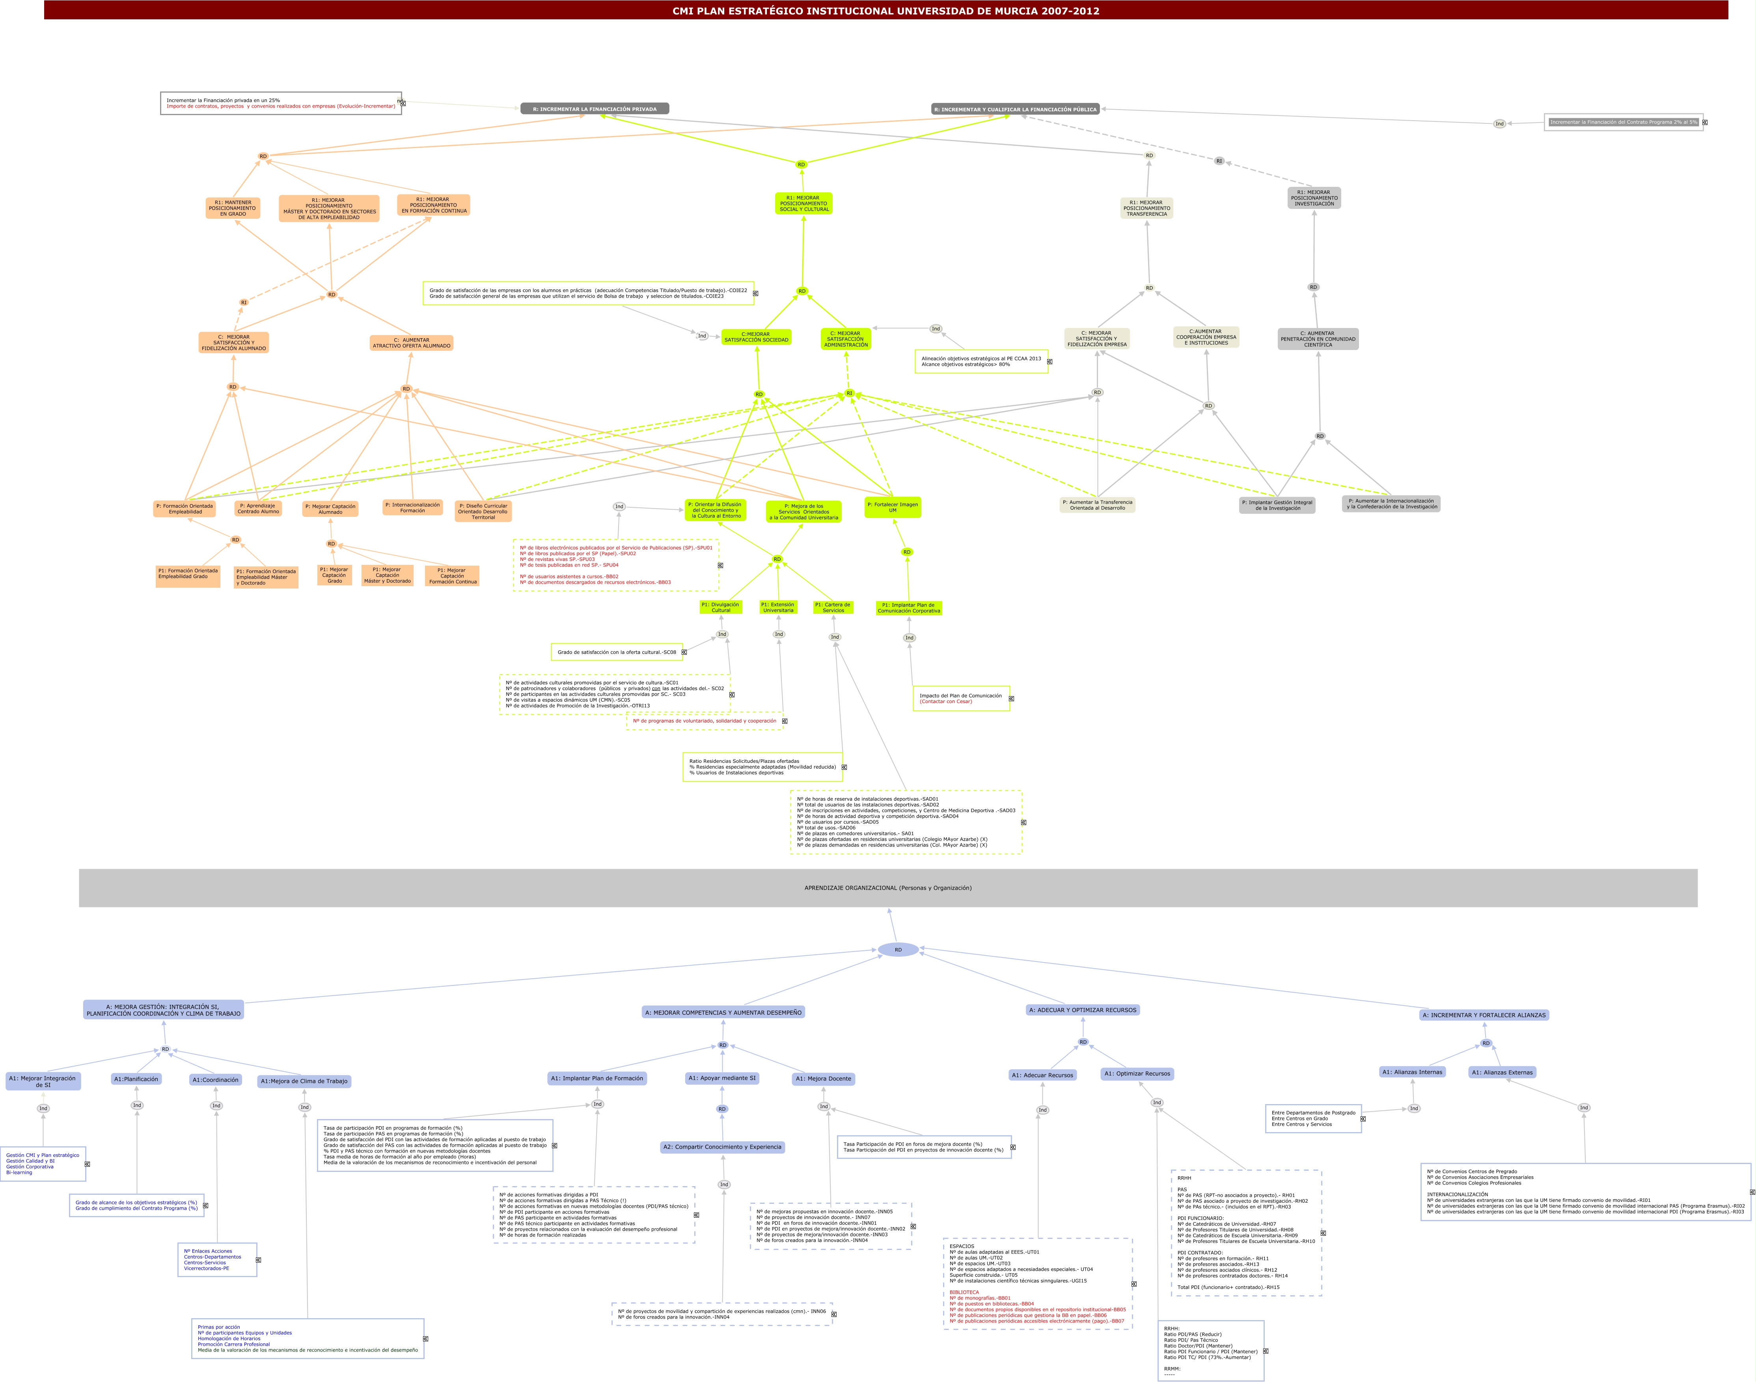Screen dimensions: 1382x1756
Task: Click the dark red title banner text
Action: [885, 11]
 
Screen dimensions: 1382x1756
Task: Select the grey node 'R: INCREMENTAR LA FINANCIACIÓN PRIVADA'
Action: [595, 108]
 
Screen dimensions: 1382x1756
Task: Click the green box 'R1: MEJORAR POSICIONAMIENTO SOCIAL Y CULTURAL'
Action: [803, 203]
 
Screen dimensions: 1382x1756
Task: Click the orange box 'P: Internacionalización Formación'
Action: [413, 507]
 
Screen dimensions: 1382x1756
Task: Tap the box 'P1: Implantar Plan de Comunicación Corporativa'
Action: [909, 608]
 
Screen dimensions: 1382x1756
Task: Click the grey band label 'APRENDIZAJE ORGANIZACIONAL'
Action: [888, 888]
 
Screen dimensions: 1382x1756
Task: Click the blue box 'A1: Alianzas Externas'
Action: [1502, 1072]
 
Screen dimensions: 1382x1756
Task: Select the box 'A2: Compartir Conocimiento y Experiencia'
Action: [722, 1147]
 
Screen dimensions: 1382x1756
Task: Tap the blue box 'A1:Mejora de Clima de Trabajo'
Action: [304, 1081]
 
